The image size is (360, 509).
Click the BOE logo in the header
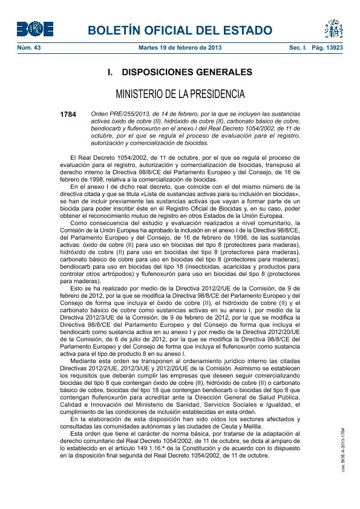tap(34, 29)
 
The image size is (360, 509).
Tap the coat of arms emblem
tap(333, 28)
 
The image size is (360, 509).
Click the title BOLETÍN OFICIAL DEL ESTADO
tap(180, 30)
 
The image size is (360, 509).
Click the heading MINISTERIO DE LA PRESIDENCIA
tap(180, 94)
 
